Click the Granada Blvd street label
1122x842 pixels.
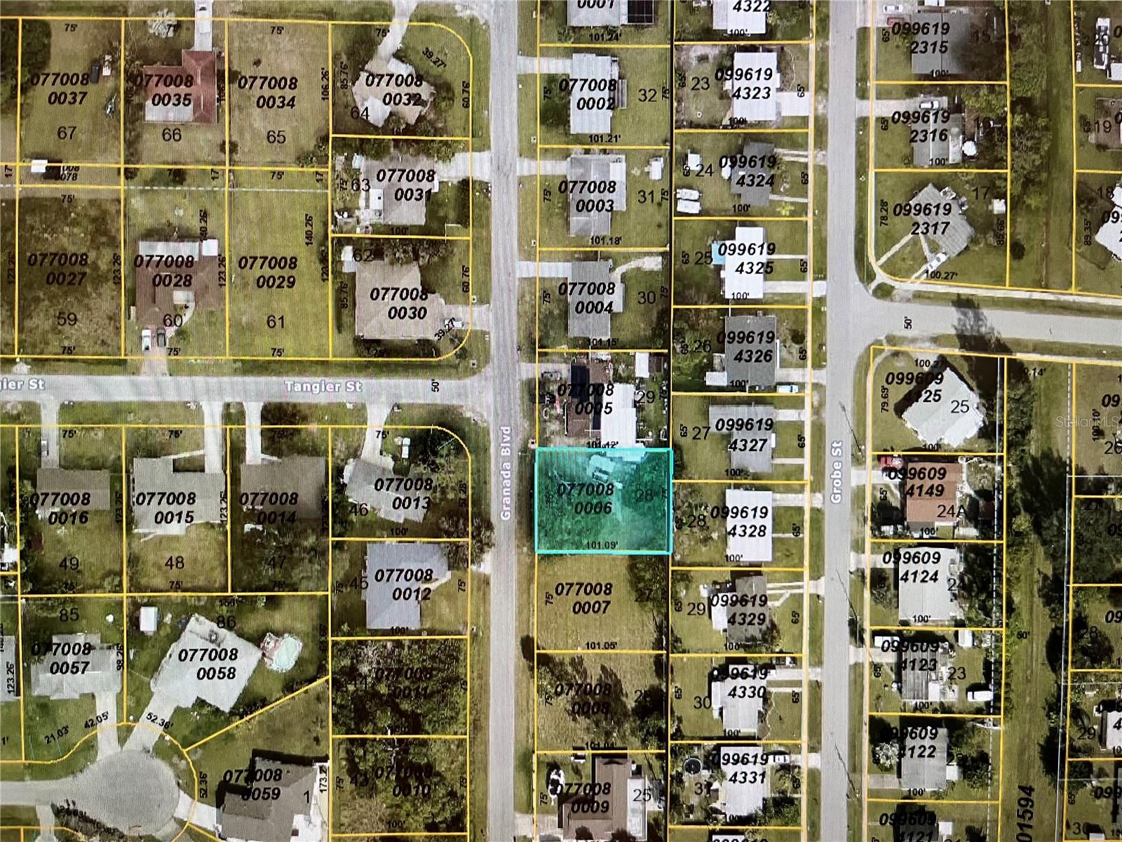pyautogui.click(x=506, y=473)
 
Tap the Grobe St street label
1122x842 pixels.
pyautogui.click(x=836, y=472)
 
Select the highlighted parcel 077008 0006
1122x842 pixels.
pyautogui.click(x=603, y=500)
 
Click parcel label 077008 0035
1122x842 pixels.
pyautogui.click(x=163, y=91)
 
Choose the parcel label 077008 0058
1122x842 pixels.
pyautogui.click(x=208, y=664)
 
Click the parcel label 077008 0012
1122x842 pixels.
pyautogui.click(x=403, y=584)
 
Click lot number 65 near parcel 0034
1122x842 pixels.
pyautogui.click(x=276, y=137)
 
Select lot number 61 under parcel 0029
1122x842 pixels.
pyautogui.click(x=276, y=322)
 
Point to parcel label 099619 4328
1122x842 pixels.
pyautogui.click(x=739, y=521)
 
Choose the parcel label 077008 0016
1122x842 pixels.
pyautogui.click(x=60, y=508)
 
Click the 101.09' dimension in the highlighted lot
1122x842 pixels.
pyautogui.click(x=605, y=544)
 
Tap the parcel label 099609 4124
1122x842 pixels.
pyautogui.click(x=911, y=567)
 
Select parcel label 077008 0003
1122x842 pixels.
pyautogui.click(x=586, y=196)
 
